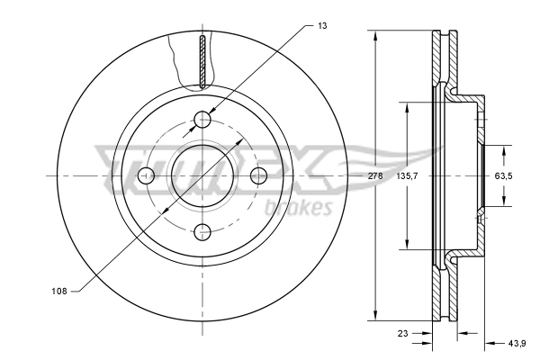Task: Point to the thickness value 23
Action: pyautogui.click(x=403, y=333)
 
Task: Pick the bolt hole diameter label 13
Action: pyautogui.click(x=321, y=26)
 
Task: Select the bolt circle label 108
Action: pyautogui.click(x=58, y=291)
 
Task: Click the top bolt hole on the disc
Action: pyautogui.click(x=203, y=120)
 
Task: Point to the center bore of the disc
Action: pyautogui.click(x=203, y=175)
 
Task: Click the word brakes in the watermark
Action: pyautogui.click(x=303, y=209)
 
